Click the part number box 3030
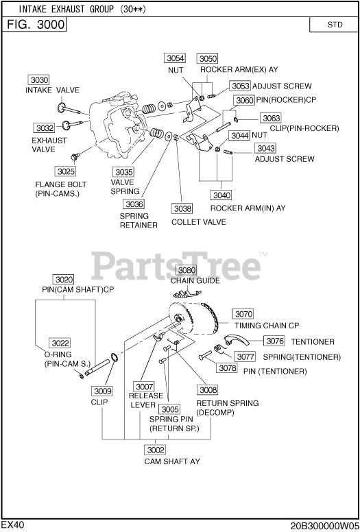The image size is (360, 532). pyautogui.click(x=38, y=80)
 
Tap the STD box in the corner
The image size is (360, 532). pyautogui.click(x=335, y=25)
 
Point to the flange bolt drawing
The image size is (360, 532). pyautogui.click(x=75, y=156)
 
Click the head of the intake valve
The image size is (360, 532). pyautogui.click(x=62, y=107)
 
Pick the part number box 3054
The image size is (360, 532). pyautogui.click(x=175, y=58)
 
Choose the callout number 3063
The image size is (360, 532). pyautogui.click(x=271, y=118)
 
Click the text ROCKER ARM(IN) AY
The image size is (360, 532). pyautogui.click(x=248, y=208)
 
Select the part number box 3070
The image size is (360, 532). pyautogui.click(x=243, y=314)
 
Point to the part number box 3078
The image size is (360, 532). pyautogui.click(x=227, y=367)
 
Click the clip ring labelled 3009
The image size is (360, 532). pyautogui.click(x=114, y=358)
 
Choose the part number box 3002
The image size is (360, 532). pyautogui.click(x=156, y=450)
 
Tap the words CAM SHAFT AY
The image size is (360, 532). pyautogui.click(x=172, y=461)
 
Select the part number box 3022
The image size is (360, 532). pyautogui.click(x=60, y=343)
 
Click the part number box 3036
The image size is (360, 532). pyautogui.click(x=134, y=204)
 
